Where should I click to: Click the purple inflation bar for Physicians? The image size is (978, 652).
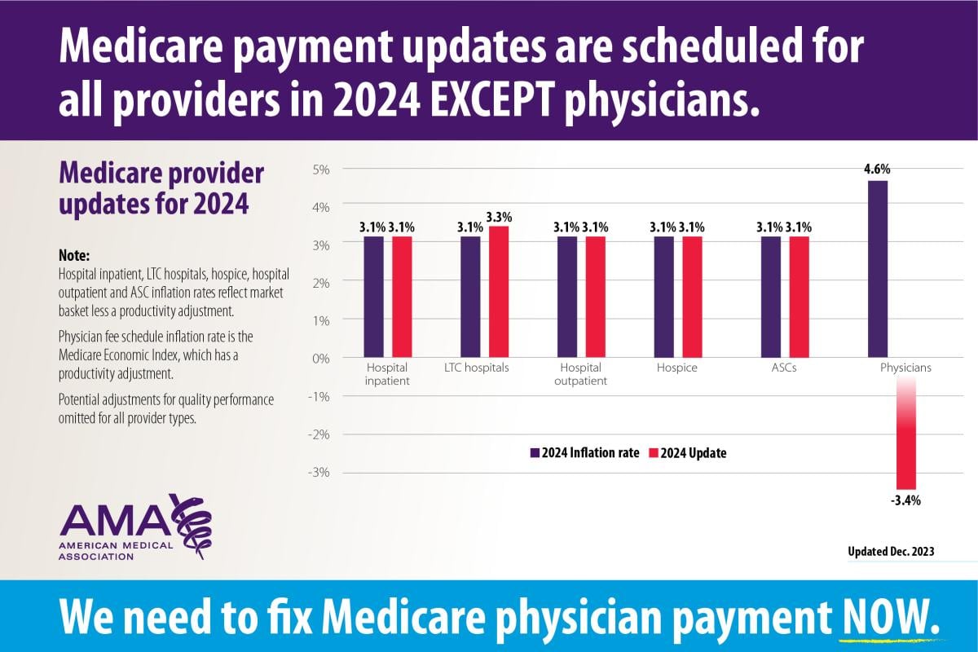tap(878, 269)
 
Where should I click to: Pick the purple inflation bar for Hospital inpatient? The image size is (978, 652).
tap(373, 297)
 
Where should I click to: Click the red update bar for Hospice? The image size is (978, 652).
tap(692, 297)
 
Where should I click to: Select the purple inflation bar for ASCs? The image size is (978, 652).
tap(771, 297)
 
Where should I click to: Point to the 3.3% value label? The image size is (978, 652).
tap(499, 217)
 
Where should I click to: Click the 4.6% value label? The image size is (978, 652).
tap(878, 170)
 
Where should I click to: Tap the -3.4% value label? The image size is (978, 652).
tap(905, 500)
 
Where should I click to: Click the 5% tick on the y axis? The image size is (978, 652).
tap(319, 169)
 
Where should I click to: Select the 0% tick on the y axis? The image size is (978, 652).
tap(319, 359)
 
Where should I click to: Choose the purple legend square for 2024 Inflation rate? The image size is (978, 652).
tap(535, 453)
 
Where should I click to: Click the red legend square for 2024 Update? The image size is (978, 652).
tap(653, 453)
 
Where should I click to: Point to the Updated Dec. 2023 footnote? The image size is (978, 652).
tap(891, 552)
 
